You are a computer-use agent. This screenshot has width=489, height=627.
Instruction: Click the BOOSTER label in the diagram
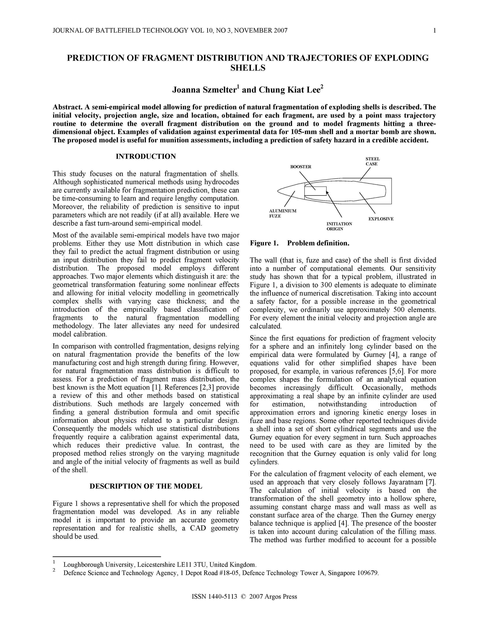click(301, 167)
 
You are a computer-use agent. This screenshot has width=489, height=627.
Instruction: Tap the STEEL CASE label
click(372, 161)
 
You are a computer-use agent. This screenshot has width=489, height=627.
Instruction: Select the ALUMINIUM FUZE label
click(282, 213)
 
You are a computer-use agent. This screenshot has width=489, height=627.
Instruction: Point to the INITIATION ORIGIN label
click(339, 226)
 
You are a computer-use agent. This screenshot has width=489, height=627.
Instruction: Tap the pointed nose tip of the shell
click(278, 190)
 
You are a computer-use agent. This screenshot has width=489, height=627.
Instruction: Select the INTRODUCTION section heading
click(146, 157)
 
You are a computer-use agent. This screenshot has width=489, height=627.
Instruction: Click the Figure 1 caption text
click(299, 243)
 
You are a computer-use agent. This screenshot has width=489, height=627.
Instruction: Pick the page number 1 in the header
click(435, 30)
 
